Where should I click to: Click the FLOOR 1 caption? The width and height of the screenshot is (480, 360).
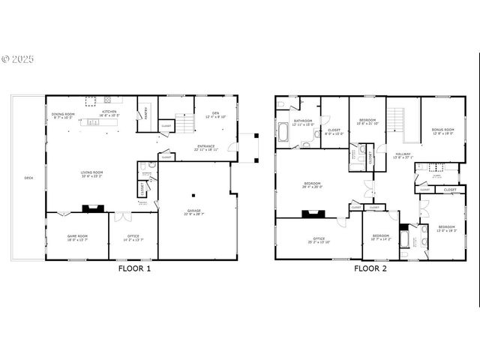(x=134, y=268)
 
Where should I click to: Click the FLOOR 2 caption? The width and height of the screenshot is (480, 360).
(x=370, y=268)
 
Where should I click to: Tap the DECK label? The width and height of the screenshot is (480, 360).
(x=28, y=178)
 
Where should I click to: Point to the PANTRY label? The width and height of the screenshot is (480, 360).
(x=146, y=115)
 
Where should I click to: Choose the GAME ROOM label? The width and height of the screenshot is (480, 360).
(x=77, y=238)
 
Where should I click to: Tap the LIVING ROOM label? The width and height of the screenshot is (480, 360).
(x=91, y=173)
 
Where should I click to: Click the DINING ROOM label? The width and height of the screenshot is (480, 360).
(x=63, y=115)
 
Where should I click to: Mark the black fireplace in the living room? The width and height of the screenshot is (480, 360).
(x=91, y=209)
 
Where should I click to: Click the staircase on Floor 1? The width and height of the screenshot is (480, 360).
(x=184, y=122)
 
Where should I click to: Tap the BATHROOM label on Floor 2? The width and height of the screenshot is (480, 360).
(x=303, y=121)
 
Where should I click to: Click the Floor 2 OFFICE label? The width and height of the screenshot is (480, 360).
(x=319, y=240)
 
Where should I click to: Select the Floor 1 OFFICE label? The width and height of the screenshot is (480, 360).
(x=133, y=238)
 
